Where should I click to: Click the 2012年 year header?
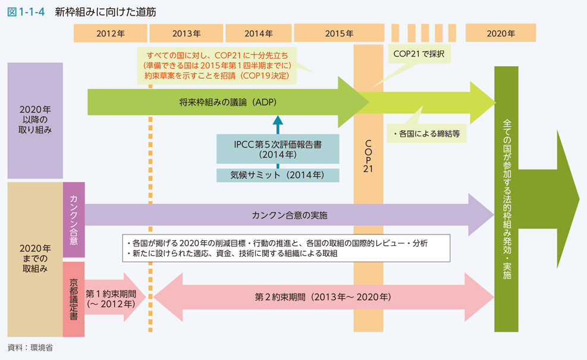pyautogui.click(x=110, y=34)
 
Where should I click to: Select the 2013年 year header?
pyautogui.click(x=186, y=34)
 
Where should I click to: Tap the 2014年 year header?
pyautogui.click(x=258, y=34)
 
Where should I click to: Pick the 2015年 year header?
pyautogui.click(x=339, y=34)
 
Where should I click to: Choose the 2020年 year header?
pyautogui.click(x=500, y=34)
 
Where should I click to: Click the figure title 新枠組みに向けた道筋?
pyautogui.click(x=105, y=12)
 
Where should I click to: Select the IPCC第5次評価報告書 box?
pyautogui.click(x=278, y=149)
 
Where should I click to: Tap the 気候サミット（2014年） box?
pyautogui.click(x=278, y=176)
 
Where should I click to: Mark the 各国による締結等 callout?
pyautogui.click(x=426, y=134)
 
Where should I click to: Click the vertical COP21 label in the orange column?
pyautogui.click(x=368, y=156)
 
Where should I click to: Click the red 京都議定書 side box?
pyautogui.click(x=73, y=299)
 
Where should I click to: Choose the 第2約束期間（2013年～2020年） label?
pyautogui.click(x=323, y=296)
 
